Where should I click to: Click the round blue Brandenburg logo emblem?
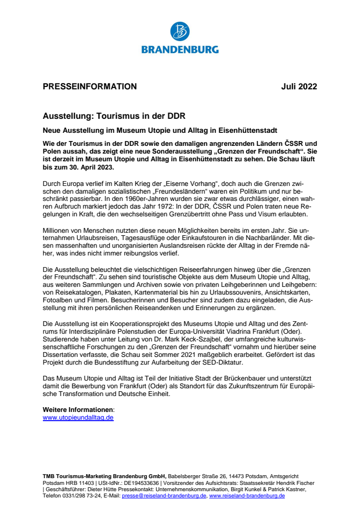[x=180, y=32]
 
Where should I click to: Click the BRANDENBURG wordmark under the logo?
[x=180, y=49]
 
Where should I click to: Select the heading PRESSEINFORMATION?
[x=90, y=87]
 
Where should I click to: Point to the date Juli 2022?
[x=299, y=87]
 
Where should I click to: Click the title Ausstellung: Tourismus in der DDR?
[x=114, y=116]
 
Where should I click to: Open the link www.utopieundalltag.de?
[x=78, y=417]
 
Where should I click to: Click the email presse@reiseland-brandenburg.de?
[x=164, y=496]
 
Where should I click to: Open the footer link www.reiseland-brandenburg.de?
[x=247, y=496]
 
